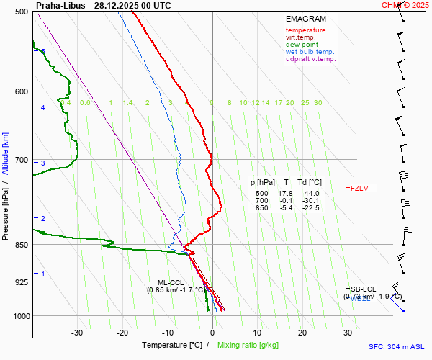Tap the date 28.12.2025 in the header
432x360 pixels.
coord(118,5)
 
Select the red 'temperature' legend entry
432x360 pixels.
coord(305,30)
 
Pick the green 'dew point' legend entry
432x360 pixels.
coord(302,45)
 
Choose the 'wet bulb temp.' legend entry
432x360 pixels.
coord(310,52)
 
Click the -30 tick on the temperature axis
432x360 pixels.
coord(77,333)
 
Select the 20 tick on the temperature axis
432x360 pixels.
coord(302,333)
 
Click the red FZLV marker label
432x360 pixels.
coord(359,189)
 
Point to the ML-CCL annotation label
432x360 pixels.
coord(171,283)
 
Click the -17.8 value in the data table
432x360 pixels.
coord(286,194)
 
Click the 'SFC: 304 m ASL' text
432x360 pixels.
coord(398,346)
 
